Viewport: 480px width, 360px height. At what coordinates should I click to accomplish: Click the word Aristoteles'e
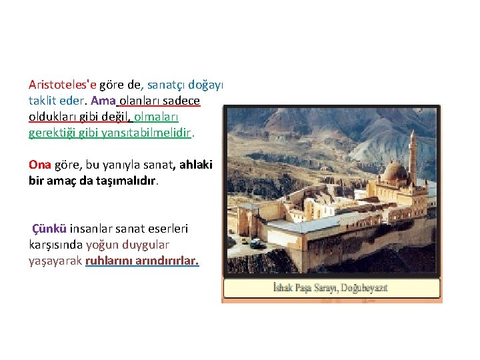point(62,85)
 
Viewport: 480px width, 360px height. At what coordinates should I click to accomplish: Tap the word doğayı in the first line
point(207,85)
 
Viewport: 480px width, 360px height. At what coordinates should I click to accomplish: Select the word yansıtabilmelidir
point(149,132)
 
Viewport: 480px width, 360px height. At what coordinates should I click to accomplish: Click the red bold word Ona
point(40,164)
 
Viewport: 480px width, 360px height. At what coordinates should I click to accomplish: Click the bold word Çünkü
point(49,229)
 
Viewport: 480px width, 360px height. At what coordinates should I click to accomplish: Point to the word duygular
point(147,245)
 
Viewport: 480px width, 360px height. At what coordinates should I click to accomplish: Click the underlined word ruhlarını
point(109,261)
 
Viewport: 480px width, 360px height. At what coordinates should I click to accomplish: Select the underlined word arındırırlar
point(167,261)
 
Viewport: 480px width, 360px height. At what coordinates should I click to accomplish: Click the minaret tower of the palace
point(413,157)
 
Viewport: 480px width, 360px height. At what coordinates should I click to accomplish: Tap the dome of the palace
point(395,171)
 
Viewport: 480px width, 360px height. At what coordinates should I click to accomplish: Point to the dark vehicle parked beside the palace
point(256,243)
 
